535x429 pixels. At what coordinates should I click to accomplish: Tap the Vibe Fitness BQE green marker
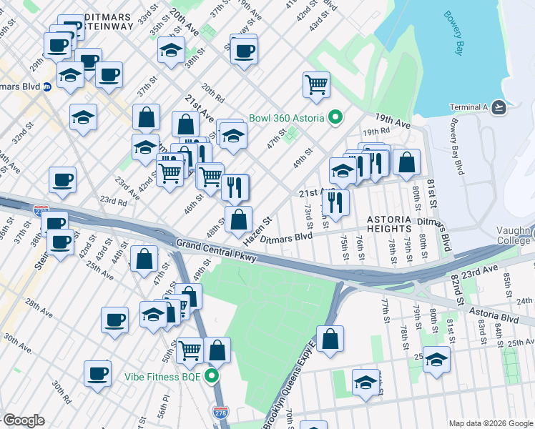coord(211,376)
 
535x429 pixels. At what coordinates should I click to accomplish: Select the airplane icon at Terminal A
coord(499,107)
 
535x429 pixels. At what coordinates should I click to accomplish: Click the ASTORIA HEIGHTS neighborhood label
coord(389,220)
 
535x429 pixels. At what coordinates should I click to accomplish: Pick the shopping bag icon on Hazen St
coord(239,220)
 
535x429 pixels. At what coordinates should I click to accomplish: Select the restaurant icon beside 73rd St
coord(335,202)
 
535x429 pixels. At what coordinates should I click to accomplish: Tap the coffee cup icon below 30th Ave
coord(98,373)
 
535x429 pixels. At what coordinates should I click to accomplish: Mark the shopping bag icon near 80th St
coord(406,162)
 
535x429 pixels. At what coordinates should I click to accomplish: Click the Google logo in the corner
coord(24,420)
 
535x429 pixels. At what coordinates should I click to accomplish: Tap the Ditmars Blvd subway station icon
coord(46,87)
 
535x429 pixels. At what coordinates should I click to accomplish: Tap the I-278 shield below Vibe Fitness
coord(221,413)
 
